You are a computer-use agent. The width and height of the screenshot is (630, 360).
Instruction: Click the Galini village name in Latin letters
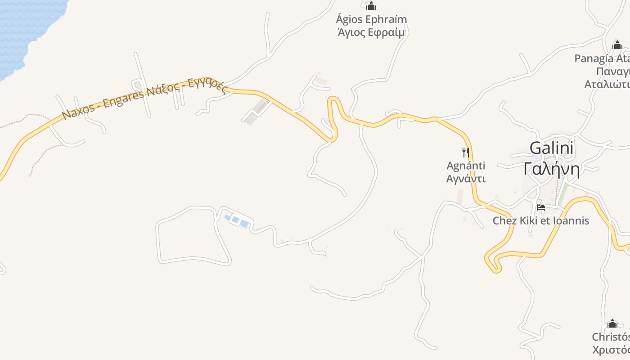[551, 148]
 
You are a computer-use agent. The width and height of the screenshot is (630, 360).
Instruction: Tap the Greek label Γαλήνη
[551, 169]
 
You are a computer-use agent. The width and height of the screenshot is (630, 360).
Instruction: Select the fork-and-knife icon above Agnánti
[466, 152]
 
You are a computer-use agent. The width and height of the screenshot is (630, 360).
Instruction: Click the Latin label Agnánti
[466, 166]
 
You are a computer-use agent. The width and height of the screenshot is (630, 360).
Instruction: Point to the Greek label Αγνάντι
[466, 179]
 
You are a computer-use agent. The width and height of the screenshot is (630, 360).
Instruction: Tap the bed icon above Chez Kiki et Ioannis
[541, 207]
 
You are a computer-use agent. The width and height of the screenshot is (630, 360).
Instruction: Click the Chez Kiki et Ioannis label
[540, 221]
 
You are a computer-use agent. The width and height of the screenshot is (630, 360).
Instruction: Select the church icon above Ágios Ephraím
[371, 6]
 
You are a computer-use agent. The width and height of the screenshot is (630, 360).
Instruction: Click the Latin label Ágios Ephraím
[372, 19]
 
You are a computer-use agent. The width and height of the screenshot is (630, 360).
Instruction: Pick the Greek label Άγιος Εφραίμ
[372, 32]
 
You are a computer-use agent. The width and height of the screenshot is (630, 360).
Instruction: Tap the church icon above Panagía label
[617, 45]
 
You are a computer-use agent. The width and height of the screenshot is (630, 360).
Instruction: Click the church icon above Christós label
[612, 324]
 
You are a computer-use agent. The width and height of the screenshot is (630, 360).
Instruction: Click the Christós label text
[611, 337]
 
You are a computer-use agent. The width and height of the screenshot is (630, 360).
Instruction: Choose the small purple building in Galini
[537, 158]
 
